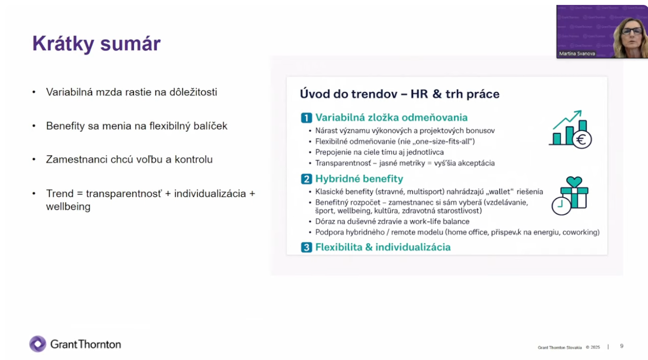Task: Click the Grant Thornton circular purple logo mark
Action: [38, 344]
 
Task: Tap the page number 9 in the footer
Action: [621, 346]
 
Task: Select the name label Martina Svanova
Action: [577, 54]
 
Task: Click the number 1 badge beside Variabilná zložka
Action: [306, 118]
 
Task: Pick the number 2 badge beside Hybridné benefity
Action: [306, 179]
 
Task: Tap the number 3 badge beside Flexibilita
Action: [306, 248]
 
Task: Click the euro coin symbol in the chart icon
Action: [581, 140]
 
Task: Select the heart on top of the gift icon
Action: [574, 182]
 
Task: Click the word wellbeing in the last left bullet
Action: [68, 207]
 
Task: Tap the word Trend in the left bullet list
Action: [60, 194]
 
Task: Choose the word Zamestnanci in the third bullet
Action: [77, 160]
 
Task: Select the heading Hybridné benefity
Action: [359, 179]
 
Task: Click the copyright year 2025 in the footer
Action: [595, 347]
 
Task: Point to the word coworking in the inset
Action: [581, 232]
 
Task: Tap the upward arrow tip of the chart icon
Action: [581, 111]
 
